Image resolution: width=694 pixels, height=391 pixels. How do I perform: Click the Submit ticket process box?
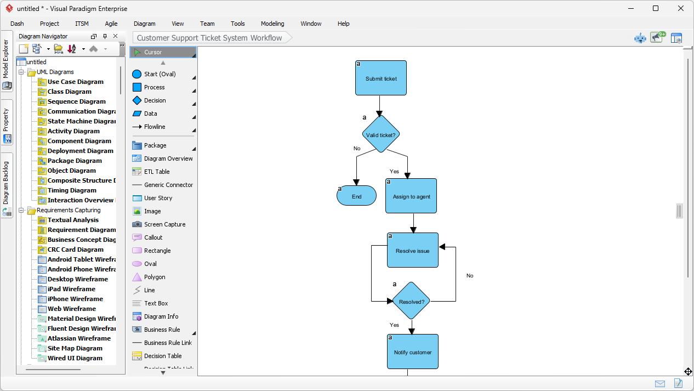[x=381, y=78]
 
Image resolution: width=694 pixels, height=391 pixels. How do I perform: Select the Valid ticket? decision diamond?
[x=380, y=134]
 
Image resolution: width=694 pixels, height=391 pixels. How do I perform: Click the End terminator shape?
[x=356, y=196]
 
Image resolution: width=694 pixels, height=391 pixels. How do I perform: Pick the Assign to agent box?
[x=411, y=196]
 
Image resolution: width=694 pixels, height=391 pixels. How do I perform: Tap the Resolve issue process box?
[x=412, y=251]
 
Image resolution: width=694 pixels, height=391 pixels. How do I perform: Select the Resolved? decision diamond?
[x=411, y=301]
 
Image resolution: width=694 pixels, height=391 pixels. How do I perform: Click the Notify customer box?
[x=412, y=352]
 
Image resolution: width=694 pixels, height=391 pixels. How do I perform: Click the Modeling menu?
[x=272, y=24]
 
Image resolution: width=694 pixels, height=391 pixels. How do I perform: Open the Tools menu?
[x=237, y=24]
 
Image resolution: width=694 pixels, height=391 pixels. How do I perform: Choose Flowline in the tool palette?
[x=155, y=127]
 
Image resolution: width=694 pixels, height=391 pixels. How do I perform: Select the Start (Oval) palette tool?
[x=160, y=74]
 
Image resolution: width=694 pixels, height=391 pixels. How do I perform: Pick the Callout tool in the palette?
[x=153, y=237]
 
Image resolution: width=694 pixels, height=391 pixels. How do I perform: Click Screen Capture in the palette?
[x=164, y=224]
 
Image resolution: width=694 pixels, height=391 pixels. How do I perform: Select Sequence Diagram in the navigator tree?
[x=76, y=101]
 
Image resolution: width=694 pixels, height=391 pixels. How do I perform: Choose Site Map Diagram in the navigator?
[x=75, y=348]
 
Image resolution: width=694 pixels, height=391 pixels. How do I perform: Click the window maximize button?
[x=656, y=8]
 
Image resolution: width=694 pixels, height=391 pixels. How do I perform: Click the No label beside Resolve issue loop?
[x=470, y=276]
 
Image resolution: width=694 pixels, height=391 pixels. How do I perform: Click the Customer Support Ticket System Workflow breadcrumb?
[x=209, y=38]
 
